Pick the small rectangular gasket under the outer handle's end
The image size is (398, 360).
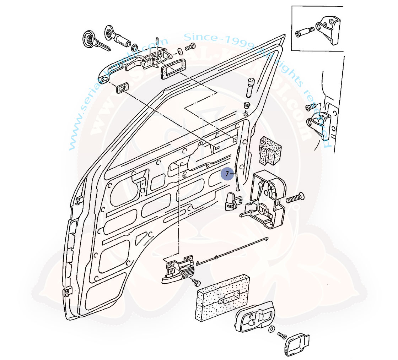click(x=122, y=87)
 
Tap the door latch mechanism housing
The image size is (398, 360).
click(x=267, y=199)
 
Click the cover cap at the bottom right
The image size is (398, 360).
click(x=297, y=344)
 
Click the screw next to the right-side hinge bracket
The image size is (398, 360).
click(x=311, y=106)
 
